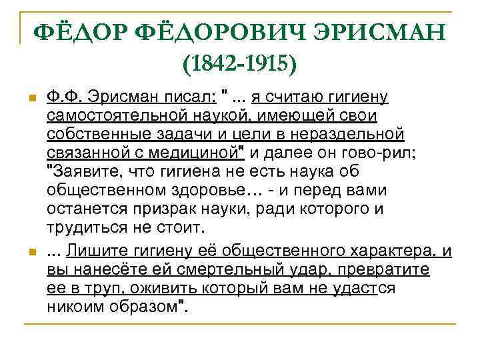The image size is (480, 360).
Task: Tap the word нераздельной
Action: coord(352,135)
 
